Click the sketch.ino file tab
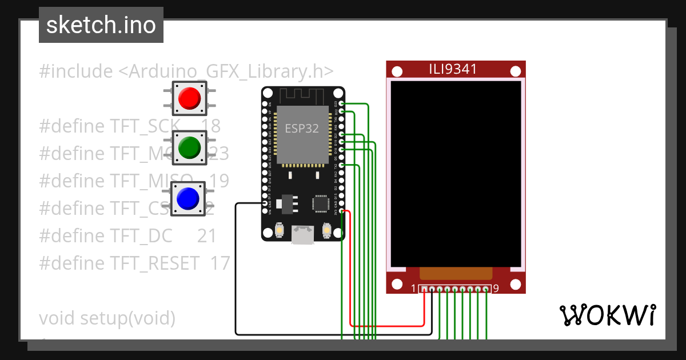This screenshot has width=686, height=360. tap(101, 25)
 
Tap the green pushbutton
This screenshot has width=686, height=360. tap(189, 147)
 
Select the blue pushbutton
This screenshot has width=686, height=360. tap(188, 198)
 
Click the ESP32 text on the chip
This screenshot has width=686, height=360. tap(302, 128)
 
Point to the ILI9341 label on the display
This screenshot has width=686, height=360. tap(453, 70)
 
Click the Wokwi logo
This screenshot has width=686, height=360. tap(607, 315)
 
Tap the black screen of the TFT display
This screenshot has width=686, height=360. tap(456, 171)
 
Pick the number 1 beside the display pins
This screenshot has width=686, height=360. tap(413, 289)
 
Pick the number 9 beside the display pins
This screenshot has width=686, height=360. tap(496, 289)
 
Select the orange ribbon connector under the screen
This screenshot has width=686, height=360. tap(456, 273)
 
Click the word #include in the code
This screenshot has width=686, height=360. tap(76, 72)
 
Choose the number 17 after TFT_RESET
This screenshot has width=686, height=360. tap(220, 263)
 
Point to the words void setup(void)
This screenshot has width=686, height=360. tap(107, 318)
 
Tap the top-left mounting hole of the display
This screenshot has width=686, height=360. tap(397, 71)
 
